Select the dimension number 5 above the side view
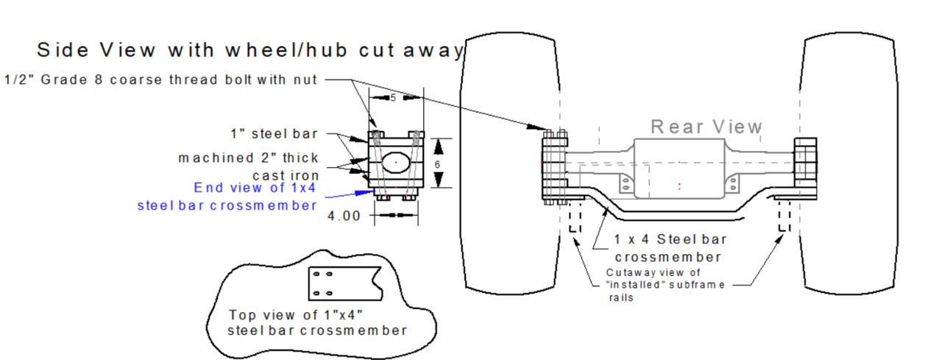tap(394, 98)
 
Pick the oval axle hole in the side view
tap(395, 161)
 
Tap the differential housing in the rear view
tap(678, 169)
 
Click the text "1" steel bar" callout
tap(273, 134)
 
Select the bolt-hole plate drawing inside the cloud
tap(344, 283)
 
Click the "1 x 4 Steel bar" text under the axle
tap(670, 239)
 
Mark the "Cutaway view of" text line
tap(651, 272)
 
